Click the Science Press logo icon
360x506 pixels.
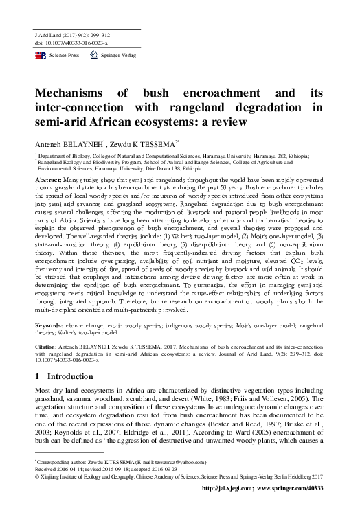[x=40, y=54]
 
